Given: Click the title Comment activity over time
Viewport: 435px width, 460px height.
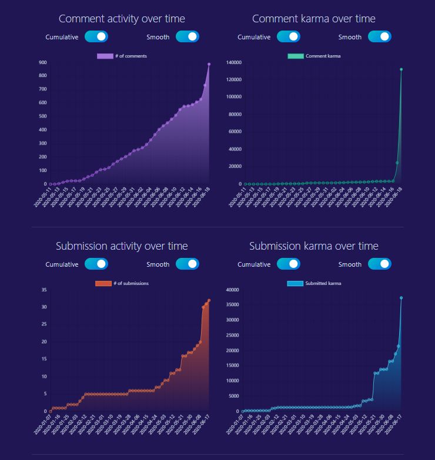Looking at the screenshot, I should coord(122,19).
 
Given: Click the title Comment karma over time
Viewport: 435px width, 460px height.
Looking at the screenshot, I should coord(313,19).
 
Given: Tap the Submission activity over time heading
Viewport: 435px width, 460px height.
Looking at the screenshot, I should coord(122,246).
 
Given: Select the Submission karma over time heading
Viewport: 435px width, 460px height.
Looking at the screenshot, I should coord(313,246).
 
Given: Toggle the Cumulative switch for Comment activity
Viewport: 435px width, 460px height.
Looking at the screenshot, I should coord(96,37).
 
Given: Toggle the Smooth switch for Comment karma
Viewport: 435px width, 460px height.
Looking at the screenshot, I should coord(380,37).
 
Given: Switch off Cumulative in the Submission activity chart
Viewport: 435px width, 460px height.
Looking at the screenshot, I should coord(96,264).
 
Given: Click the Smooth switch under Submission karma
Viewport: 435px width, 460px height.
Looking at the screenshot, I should coord(380,264).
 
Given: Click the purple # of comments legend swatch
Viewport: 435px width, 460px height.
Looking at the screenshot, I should coord(105,56).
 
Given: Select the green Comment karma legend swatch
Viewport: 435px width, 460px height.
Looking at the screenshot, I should coord(295,56).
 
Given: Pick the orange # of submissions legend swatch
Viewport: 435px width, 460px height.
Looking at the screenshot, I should coord(103,284).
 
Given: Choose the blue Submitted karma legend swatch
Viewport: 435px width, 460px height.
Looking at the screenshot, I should coord(295,284).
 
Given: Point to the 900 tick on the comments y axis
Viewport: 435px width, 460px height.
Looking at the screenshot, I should coord(43,62).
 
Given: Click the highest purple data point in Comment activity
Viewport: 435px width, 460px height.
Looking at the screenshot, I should coord(209,64).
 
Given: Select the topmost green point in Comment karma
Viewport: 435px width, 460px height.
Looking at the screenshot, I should coord(401,69).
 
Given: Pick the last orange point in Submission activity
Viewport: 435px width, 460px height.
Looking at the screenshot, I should coord(209,301).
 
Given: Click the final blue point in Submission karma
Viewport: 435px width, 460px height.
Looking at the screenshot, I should coord(401,298).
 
